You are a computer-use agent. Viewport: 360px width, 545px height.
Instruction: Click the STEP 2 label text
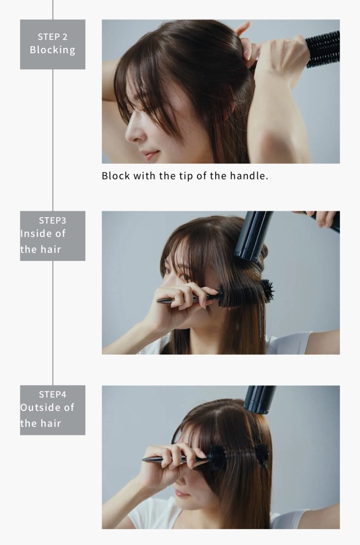(x=53, y=37)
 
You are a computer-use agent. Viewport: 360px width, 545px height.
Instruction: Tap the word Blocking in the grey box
(x=53, y=50)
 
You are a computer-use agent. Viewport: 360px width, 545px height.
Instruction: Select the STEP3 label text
(x=53, y=220)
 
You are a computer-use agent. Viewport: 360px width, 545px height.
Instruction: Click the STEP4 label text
(x=53, y=394)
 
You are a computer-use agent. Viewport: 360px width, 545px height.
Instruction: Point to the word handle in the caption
(x=249, y=176)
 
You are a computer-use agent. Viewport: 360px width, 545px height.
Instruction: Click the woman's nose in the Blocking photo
(x=131, y=132)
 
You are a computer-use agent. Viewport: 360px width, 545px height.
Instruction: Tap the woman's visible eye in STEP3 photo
(x=184, y=277)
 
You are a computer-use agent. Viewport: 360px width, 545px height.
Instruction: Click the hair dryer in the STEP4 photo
(x=259, y=400)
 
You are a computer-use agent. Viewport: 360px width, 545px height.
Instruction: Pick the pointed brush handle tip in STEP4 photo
(x=143, y=460)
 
